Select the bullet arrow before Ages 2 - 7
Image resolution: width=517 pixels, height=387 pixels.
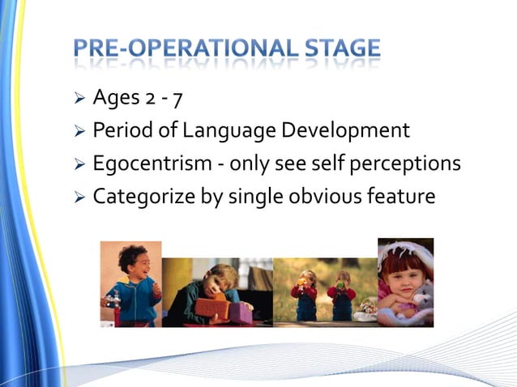click(79, 100)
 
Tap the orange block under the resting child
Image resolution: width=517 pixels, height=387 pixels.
click(211, 308)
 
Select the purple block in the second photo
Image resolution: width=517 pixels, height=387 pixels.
click(240, 312)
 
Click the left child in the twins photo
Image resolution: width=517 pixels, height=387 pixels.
click(306, 296)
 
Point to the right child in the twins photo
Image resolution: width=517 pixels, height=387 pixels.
click(341, 296)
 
